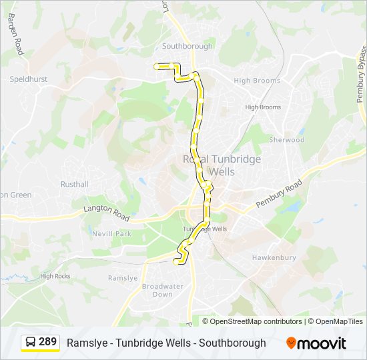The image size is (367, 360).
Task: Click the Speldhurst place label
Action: click(x=29, y=79)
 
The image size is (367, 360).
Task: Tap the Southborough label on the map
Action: click(x=188, y=46)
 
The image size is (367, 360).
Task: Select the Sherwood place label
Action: click(x=287, y=140)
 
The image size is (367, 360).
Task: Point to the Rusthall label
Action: click(x=74, y=184)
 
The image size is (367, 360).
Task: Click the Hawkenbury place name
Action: click(x=274, y=257)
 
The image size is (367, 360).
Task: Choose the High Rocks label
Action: click(x=55, y=276)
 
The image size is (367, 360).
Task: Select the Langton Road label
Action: click(x=107, y=214)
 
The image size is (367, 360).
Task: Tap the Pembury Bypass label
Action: click(x=361, y=73)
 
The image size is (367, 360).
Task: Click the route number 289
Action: click(x=47, y=342)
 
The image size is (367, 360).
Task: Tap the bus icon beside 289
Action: click(x=31, y=343)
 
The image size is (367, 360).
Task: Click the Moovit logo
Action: click(x=316, y=343)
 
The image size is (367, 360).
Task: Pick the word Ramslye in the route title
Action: click(x=87, y=343)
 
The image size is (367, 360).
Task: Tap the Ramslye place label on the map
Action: click(x=123, y=278)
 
